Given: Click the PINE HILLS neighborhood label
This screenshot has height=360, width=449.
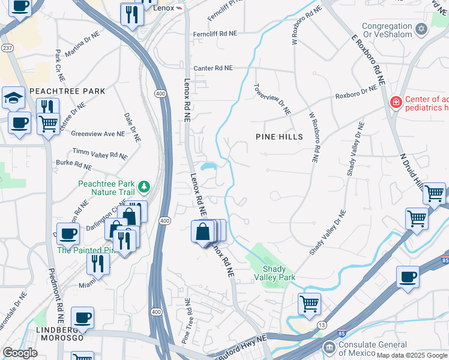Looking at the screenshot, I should point(279,137).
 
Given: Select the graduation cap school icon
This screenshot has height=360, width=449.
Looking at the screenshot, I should point(13,98).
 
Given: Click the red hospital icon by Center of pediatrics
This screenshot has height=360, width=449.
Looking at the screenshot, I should point(396,103).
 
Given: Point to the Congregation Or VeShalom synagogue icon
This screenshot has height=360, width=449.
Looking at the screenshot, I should point(421,29).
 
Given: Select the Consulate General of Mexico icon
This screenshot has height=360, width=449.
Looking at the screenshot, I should point(329,347).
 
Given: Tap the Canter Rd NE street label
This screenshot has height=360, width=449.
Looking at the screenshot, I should point(212,68).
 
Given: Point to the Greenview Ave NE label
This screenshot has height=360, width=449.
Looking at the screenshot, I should point(97,134).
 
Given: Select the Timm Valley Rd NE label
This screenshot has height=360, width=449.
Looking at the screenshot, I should point(100,154).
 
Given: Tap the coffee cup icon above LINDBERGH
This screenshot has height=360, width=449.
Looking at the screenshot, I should point(82,317).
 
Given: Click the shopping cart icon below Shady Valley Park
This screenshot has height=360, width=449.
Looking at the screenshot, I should point(309,303).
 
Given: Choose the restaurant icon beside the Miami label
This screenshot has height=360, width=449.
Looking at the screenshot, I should point(97,263).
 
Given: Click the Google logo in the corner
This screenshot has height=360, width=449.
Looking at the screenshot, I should point(19,353).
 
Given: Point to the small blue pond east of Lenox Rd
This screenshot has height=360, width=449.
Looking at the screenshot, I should point(209,166).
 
